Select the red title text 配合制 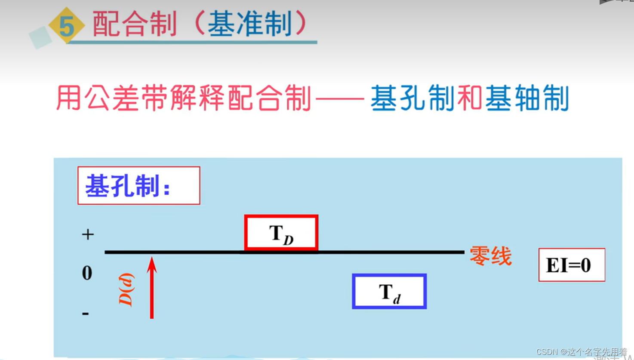135,24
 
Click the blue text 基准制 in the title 250,24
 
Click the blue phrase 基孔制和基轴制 470,98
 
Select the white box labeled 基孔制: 138,185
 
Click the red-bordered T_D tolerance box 281,233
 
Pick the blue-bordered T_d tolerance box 389,291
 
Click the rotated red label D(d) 126,289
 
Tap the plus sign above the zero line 88,234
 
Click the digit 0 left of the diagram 87,273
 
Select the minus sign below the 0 86,314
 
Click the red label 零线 490,256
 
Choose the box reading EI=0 572,265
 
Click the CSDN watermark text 581,352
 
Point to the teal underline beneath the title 194,42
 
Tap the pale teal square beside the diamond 40,37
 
